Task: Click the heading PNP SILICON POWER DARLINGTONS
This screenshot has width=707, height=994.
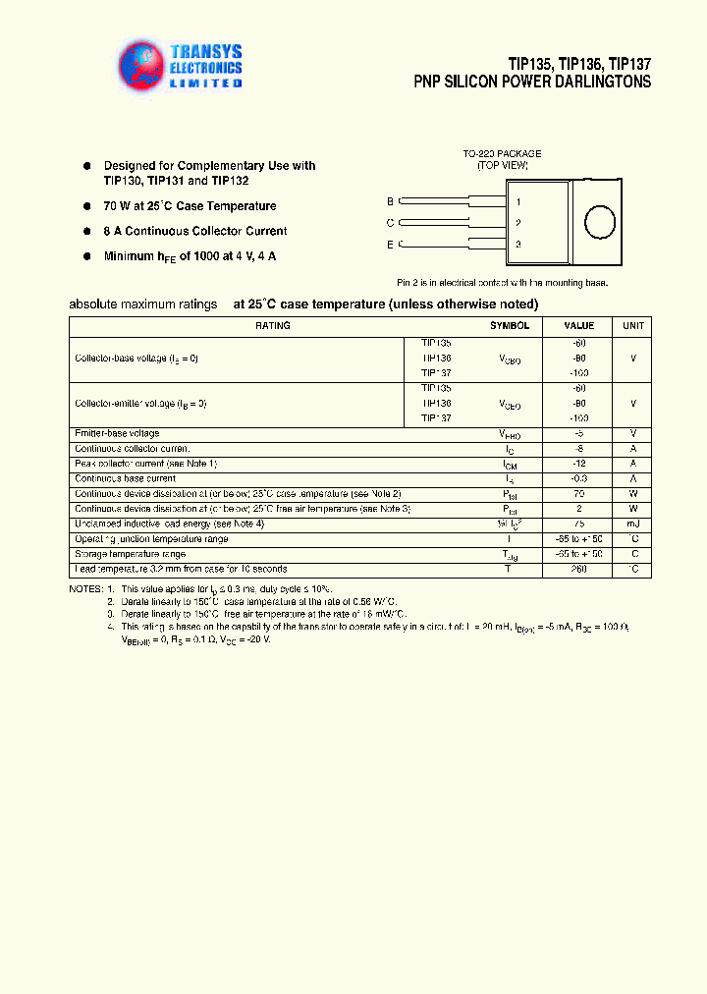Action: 532,83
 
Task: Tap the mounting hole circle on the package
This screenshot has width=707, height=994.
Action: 599,223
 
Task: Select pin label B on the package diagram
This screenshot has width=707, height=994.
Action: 390,201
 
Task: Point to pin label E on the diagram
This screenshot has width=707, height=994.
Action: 390,244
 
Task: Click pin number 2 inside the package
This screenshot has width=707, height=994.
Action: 517,223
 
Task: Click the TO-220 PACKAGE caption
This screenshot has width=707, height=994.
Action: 502,154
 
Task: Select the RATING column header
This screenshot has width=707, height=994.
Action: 272,326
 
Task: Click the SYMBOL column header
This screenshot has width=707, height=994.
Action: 510,326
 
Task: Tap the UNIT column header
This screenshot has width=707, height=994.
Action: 633,326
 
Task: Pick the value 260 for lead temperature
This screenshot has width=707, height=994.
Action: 578,570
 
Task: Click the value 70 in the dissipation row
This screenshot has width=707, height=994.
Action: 578,494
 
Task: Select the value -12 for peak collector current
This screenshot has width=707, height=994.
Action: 578,464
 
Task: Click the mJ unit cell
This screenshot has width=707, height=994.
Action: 633,525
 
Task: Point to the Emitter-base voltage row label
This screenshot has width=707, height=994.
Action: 117,433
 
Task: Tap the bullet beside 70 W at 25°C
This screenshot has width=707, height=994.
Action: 86,206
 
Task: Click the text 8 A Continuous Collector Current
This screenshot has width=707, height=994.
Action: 195,232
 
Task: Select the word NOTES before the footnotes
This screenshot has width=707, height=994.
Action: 84,588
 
